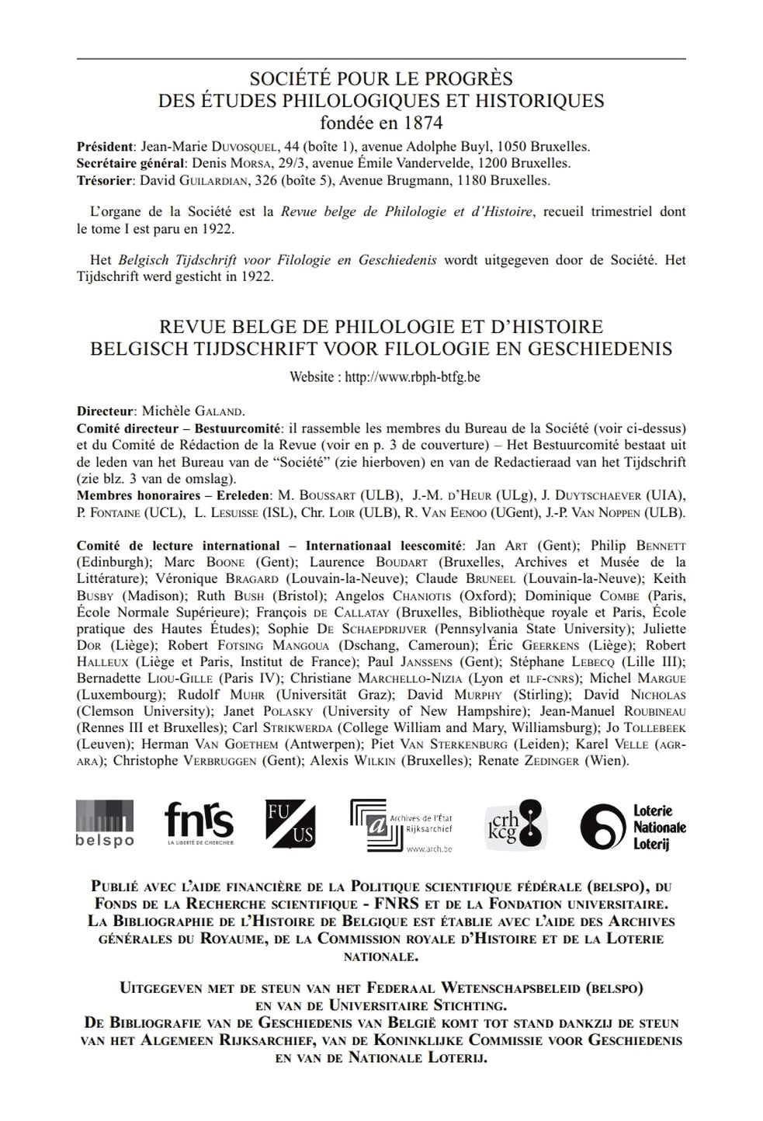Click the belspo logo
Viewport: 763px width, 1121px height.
click(x=105, y=823)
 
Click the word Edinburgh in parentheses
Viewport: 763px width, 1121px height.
click(x=111, y=562)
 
